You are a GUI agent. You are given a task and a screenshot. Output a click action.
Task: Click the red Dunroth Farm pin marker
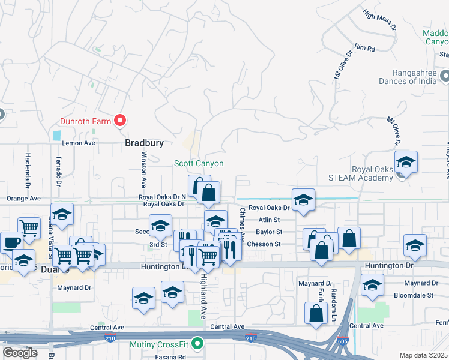click(119, 121)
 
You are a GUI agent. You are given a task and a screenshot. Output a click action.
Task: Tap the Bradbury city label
click(145, 143)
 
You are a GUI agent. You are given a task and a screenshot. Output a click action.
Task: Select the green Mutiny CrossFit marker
click(199, 345)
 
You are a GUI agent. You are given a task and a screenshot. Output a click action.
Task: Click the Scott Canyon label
click(199, 163)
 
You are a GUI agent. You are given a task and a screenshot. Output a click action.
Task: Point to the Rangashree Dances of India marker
click(445, 76)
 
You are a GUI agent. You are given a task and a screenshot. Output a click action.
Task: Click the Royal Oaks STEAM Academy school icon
click(406, 163)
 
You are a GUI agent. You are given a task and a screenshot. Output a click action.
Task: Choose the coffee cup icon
click(11, 243)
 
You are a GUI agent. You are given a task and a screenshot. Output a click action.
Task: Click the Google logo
click(20, 353)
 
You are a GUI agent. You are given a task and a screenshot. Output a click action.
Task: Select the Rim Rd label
click(364, 47)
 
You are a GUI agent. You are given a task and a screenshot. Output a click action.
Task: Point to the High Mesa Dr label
click(380, 19)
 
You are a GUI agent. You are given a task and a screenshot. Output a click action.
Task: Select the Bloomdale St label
click(413, 295)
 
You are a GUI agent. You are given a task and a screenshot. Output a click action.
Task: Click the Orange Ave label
click(23, 198)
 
